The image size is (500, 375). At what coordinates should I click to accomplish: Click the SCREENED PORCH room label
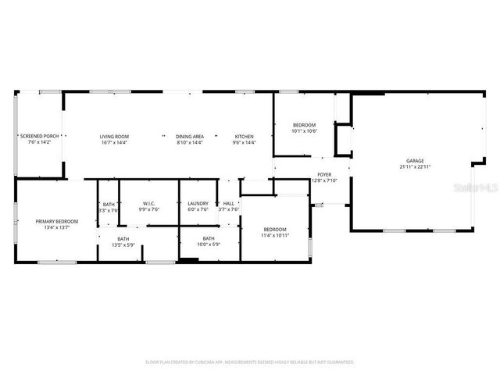tap(39, 136)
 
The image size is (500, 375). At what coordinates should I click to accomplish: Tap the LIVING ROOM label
tap(114, 136)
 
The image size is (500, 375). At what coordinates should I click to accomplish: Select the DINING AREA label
tap(190, 136)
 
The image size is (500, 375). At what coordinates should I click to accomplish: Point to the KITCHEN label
tap(245, 136)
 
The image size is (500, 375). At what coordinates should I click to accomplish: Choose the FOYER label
tap(324, 174)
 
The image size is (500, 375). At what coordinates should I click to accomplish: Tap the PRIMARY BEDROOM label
tap(57, 221)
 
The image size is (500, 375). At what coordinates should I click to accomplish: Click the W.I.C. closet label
tap(148, 203)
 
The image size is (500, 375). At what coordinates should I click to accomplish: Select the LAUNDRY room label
tap(198, 203)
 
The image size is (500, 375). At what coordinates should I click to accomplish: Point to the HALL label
tap(229, 203)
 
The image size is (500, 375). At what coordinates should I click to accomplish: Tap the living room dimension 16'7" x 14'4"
tap(114, 143)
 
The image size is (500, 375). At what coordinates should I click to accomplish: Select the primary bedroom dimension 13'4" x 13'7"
tap(57, 228)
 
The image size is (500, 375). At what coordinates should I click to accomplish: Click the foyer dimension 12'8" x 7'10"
tap(324, 180)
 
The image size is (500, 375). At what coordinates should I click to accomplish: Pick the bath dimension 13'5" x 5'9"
tap(123, 245)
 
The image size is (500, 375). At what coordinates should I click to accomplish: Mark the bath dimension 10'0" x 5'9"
tap(209, 245)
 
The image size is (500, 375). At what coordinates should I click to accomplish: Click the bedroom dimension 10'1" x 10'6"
tap(304, 131)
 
